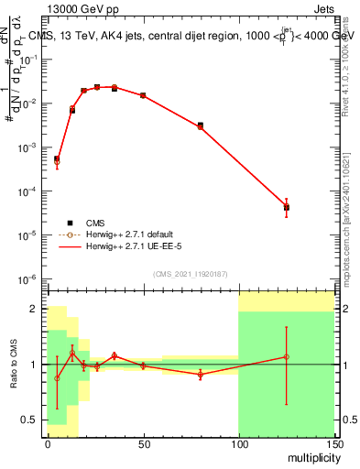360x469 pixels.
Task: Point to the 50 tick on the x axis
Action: [x=143, y=443]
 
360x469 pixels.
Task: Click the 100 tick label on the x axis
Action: [x=238, y=443]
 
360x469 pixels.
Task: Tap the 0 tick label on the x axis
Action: [x=48, y=443]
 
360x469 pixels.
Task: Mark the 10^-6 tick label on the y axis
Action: [x=28, y=278]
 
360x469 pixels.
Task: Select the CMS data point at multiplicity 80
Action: [x=201, y=125]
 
